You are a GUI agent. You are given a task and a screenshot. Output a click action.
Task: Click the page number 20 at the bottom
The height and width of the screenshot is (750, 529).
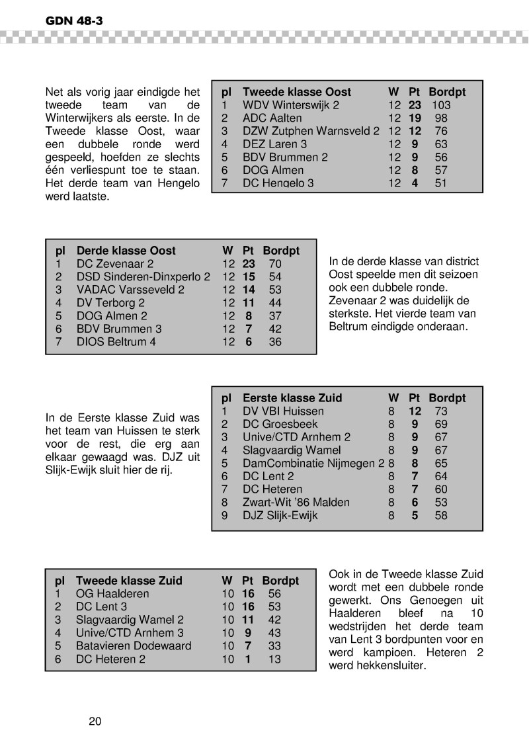pos(95,721)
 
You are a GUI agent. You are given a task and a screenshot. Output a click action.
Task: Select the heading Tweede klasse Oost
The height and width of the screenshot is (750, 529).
pos(297,92)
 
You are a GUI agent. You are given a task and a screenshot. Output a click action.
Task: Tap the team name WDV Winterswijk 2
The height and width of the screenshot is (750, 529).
pos(291,105)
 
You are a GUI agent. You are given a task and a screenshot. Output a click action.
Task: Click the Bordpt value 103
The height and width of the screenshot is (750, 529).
pos(441,105)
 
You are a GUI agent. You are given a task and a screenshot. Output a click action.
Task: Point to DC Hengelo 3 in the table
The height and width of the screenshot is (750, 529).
pos(278,183)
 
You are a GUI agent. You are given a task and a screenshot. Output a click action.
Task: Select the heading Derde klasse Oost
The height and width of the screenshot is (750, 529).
pos(126,251)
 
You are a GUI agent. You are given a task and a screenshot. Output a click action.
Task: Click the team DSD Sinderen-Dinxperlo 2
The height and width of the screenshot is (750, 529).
pos(143,276)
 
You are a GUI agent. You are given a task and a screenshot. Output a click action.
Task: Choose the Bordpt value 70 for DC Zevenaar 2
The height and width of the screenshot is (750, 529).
pos(275,264)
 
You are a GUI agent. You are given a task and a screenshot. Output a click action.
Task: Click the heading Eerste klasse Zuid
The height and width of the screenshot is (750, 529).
pos(292,398)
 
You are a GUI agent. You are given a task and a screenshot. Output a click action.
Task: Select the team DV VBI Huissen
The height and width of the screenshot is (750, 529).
pos(283,411)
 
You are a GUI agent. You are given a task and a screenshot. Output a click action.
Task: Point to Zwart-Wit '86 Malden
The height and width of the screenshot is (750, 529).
pos(296,503)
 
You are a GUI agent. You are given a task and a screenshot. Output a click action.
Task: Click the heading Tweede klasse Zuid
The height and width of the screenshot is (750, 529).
pos(129,581)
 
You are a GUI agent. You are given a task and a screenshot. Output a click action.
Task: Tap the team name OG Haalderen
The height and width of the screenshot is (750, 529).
pos(113,594)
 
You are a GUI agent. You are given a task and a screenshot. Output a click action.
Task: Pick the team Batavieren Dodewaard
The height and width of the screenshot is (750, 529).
pos(134,646)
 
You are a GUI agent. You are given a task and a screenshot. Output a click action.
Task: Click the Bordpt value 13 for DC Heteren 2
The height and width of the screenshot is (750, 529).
pos(274,659)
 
